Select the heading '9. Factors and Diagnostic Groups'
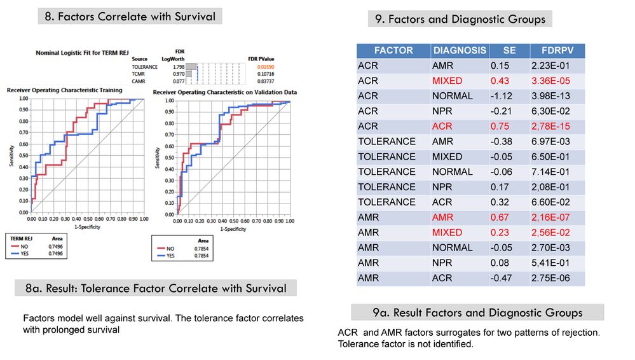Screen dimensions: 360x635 point(460,19)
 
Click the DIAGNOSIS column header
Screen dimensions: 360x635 point(460,50)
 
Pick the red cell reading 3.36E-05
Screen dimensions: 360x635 point(557,81)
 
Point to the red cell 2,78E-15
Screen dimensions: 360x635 point(557,126)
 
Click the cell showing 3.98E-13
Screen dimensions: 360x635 point(557,96)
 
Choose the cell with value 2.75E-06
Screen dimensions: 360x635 point(557,278)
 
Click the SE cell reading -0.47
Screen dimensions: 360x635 point(501,278)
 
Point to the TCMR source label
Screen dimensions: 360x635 point(139,74)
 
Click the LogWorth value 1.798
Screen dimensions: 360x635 point(178,67)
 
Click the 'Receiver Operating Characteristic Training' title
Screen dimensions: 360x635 point(64,90)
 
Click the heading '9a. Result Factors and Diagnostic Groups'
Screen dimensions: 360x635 point(477,312)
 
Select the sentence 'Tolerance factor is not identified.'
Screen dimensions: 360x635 point(405,344)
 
